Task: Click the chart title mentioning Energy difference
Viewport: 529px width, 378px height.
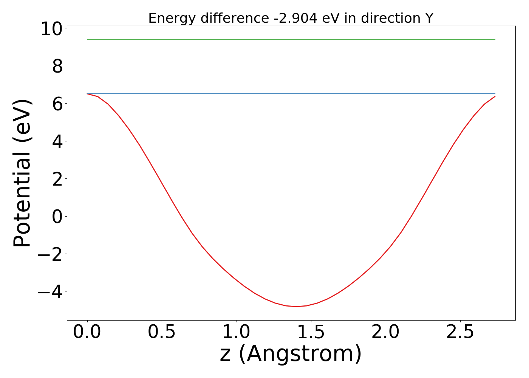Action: click(x=291, y=18)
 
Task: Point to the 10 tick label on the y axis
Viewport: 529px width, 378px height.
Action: click(x=51, y=29)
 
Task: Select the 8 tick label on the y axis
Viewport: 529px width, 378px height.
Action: click(x=57, y=66)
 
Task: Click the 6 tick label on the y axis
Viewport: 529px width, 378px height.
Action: click(x=57, y=104)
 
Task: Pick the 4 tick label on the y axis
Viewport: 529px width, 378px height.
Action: click(x=57, y=141)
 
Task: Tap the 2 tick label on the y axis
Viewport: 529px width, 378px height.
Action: click(x=57, y=179)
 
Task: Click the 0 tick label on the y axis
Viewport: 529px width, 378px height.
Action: click(x=57, y=216)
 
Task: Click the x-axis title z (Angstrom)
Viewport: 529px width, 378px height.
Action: click(x=291, y=354)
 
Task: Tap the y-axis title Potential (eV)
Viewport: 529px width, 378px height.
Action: click(x=23, y=173)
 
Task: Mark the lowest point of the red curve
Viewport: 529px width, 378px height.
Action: click(x=296, y=307)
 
